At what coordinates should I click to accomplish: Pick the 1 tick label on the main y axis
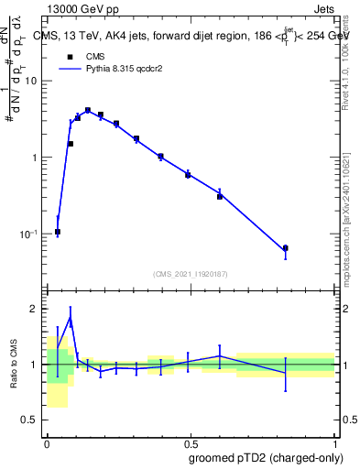[x=37, y=158]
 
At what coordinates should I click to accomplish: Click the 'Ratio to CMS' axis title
[x=13, y=365]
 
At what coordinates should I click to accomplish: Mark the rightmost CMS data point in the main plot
[x=285, y=248]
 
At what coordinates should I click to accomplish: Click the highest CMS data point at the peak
[x=88, y=110]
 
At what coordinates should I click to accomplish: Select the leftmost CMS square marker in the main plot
[x=58, y=232]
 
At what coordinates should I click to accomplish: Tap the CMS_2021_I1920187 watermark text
[x=191, y=274]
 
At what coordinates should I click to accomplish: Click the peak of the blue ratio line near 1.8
[x=71, y=320]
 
